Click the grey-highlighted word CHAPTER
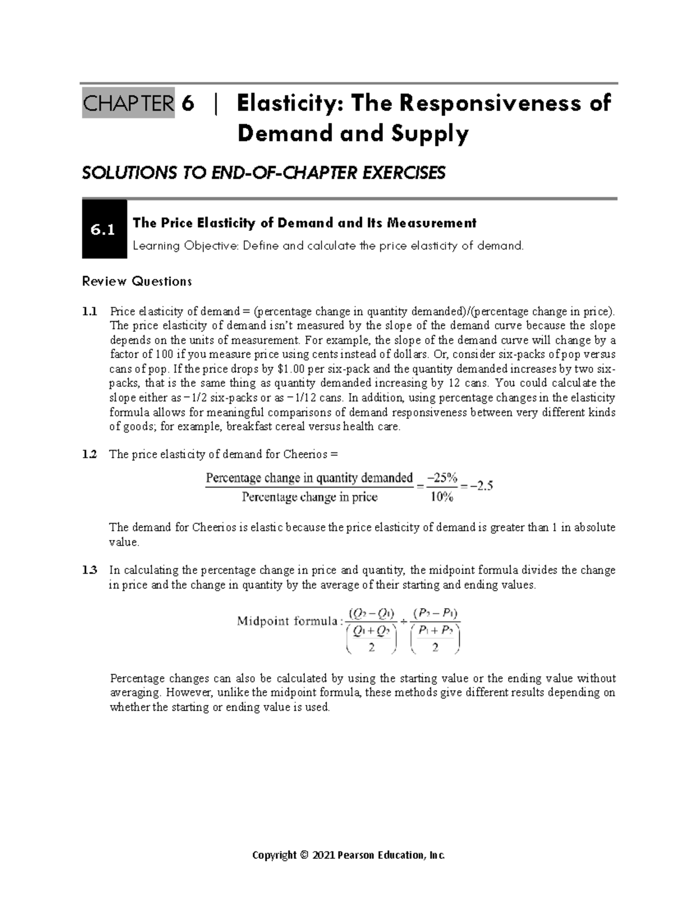(x=128, y=104)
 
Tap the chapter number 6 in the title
(x=187, y=104)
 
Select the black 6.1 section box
(x=104, y=230)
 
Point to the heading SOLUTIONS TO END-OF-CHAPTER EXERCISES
(x=263, y=173)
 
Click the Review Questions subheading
(x=137, y=282)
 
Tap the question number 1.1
(x=90, y=311)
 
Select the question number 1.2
(x=90, y=455)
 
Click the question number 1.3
(x=90, y=570)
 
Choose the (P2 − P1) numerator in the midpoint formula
(x=435, y=613)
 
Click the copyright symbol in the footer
(x=302, y=855)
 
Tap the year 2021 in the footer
(x=323, y=855)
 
